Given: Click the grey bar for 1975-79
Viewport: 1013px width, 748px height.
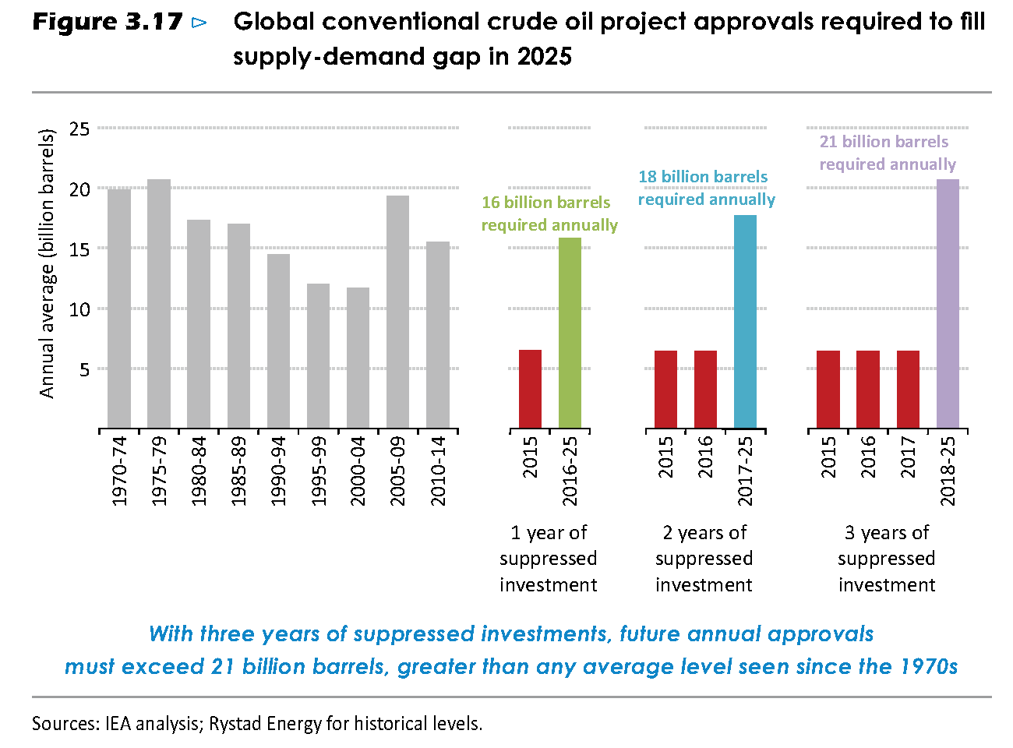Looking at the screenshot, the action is click(158, 303).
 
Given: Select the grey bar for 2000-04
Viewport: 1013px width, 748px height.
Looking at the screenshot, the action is click(358, 358).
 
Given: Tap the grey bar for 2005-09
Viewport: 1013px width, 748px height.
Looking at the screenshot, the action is click(397, 312).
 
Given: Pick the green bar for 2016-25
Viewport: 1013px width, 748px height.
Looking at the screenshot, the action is click(570, 333).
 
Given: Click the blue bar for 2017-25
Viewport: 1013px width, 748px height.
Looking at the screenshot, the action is click(745, 322).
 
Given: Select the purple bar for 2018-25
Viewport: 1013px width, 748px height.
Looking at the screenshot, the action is click(948, 303).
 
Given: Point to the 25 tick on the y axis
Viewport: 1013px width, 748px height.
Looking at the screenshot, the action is click(79, 129).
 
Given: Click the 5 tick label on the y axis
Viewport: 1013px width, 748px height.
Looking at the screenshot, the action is click(84, 369).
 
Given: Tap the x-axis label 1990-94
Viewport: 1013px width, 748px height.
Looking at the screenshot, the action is click(279, 471).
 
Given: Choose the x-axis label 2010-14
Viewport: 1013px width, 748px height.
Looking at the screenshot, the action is click(437, 471).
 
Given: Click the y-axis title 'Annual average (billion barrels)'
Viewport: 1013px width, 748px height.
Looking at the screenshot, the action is click(47, 263).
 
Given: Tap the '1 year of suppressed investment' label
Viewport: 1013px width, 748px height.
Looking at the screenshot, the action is click(548, 559).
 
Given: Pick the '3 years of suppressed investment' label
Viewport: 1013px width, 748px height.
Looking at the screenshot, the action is click(887, 559).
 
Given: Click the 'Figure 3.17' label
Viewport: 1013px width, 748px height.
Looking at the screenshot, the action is click(108, 22).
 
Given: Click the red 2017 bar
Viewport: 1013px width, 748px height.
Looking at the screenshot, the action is click(908, 389).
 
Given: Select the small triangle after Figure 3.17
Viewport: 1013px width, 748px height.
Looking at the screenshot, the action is click(199, 23).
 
